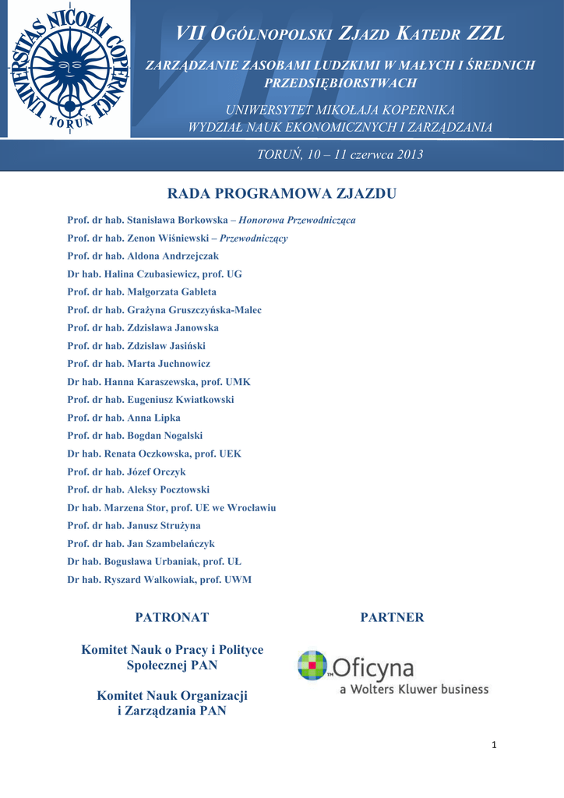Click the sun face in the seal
point(69,69)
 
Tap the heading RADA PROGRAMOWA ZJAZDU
point(282,193)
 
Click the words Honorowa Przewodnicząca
point(297,221)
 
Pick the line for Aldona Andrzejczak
point(143,256)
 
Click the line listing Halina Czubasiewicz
point(155,274)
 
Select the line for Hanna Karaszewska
point(159,382)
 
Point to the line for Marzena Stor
point(171,507)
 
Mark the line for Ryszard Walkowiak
point(160,579)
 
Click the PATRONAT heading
point(172,617)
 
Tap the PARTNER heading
point(392,617)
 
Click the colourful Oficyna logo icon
point(313,666)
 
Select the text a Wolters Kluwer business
point(414,689)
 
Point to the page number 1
point(494,745)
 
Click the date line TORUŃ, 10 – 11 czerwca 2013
point(340,154)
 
